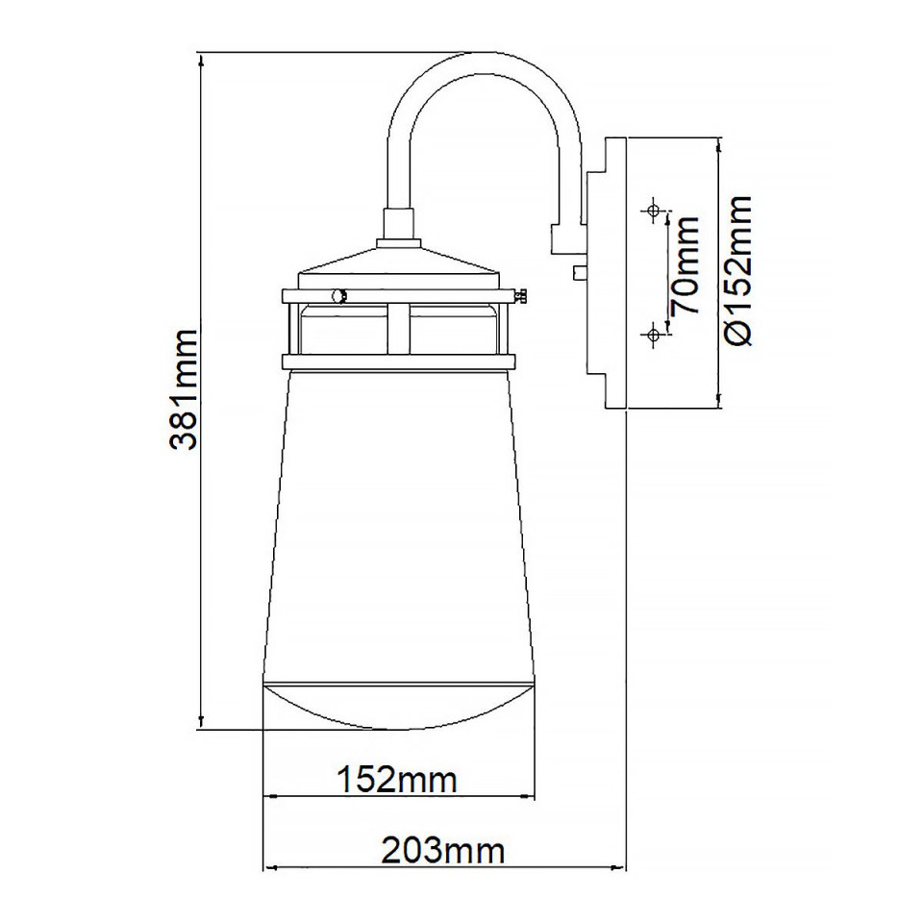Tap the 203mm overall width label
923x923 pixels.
click(443, 850)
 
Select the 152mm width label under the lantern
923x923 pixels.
click(396, 779)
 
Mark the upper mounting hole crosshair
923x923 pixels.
click(654, 210)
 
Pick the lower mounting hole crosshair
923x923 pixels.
click(654, 335)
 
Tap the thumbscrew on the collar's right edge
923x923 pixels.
click(523, 297)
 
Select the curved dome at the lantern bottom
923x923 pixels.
click(398, 706)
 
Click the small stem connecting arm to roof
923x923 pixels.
click(398, 225)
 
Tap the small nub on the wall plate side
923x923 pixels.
click(577, 272)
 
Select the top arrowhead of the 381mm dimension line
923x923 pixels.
click(200, 58)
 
